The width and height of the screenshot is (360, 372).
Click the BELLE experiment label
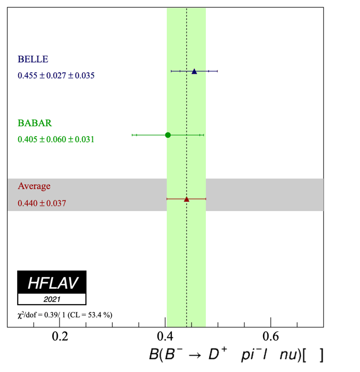click(33, 60)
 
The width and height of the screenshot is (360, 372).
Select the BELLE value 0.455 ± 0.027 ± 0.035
click(56, 76)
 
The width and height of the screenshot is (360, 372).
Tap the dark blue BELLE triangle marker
click(194, 71)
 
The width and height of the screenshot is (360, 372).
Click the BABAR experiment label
click(35, 123)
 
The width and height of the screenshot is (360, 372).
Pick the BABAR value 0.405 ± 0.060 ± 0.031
click(56, 139)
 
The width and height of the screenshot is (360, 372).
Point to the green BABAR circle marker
click(168, 135)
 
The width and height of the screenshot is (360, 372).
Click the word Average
click(34, 186)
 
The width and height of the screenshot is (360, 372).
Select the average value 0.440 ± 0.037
click(42, 203)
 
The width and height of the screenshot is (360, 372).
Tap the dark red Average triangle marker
click(187, 199)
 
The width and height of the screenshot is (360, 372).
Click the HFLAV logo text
click(52, 283)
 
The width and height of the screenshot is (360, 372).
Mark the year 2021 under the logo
click(52, 300)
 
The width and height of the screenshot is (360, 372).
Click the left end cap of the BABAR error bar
click(133, 135)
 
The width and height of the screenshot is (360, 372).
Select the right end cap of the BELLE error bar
click(218, 71)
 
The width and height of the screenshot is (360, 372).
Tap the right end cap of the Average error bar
click(206, 199)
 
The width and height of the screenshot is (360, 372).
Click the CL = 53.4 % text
click(94, 315)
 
